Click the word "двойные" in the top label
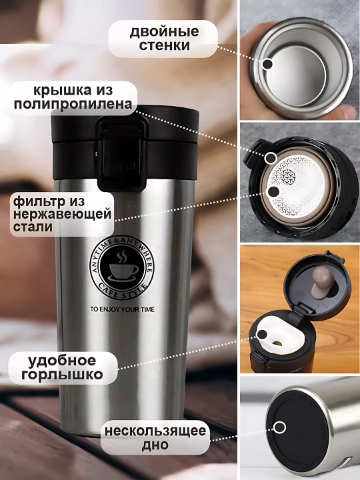coord(164,32)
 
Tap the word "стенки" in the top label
coord(165,45)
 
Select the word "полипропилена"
coord(73,104)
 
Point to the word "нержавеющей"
coord(62,214)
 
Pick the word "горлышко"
coord(63,375)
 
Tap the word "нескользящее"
coord(155,431)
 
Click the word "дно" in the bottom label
coord(155,445)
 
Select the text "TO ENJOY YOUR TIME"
coord(122,309)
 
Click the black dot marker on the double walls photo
coord(268,64)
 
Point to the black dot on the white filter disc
coord(273,192)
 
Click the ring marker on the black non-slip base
coord(279,427)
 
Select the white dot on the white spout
coord(263,334)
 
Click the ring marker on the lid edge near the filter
coord(271,158)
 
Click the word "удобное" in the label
coord(62,361)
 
